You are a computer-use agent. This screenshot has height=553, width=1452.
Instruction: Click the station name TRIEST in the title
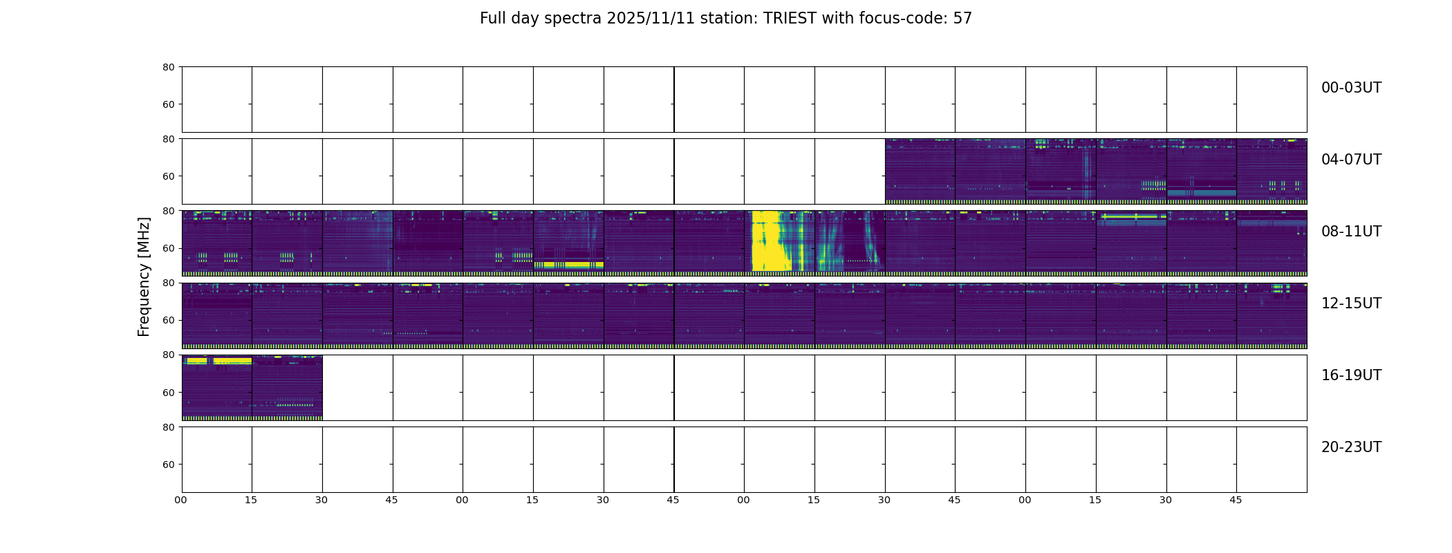click(790, 19)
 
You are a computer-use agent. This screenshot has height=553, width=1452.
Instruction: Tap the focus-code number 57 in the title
click(962, 19)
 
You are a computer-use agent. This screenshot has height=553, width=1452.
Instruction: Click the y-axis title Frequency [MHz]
click(144, 276)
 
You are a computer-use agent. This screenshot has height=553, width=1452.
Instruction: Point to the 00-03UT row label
click(1351, 88)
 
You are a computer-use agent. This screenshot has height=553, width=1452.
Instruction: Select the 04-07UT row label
click(1351, 160)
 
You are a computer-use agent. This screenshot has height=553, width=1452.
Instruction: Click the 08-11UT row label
click(1351, 232)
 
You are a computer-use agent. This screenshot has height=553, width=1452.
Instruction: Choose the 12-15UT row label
click(1351, 303)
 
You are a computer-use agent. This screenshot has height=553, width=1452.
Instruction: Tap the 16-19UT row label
click(1351, 375)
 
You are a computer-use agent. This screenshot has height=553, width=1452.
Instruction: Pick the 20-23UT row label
click(1351, 447)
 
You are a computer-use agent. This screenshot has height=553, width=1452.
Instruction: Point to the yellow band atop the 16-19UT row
click(217, 361)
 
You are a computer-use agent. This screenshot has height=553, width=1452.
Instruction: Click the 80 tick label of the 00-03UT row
click(169, 67)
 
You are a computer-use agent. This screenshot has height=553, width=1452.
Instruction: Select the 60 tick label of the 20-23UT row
click(169, 465)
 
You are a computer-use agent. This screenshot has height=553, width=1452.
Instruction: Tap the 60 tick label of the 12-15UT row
click(169, 320)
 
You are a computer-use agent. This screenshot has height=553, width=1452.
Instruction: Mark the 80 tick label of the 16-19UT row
click(169, 355)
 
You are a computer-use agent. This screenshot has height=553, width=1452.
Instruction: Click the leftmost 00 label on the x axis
click(181, 500)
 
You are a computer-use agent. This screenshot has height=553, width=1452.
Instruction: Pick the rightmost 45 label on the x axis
click(1236, 500)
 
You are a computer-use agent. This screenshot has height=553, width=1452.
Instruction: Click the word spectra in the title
click(573, 19)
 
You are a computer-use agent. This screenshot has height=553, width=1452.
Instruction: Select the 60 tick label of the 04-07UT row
click(169, 176)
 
